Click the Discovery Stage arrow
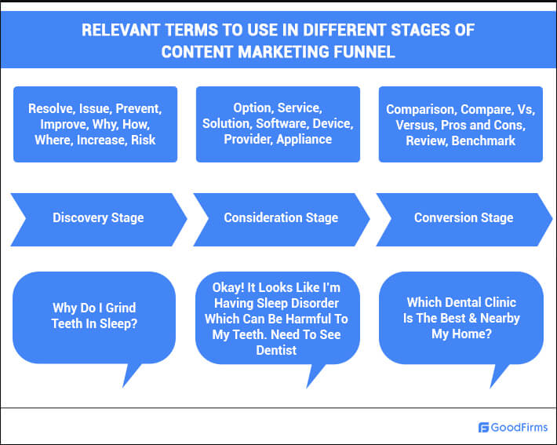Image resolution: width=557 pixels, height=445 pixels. click(x=98, y=219)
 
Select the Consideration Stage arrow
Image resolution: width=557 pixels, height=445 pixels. click(x=282, y=219)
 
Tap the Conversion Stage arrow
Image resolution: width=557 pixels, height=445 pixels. click(x=464, y=219)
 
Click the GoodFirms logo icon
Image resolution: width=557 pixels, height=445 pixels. click(x=483, y=427)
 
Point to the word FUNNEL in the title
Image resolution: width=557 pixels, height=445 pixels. click(x=364, y=52)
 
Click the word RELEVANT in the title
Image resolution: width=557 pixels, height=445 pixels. click(x=121, y=30)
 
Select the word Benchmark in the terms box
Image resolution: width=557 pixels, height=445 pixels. click(x=483, y=140)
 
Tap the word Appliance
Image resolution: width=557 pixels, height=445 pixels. click(x=304, y=140)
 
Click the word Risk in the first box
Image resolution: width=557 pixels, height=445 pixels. click(x=143, y=140)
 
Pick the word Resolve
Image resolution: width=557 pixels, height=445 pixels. click(x=52, y=109)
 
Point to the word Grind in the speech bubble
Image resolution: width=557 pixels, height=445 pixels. click(x=121, y=308)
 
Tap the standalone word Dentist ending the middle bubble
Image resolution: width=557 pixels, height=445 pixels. click(x=276, y=351)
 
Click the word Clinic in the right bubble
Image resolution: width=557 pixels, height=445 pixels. click(x=501, y=302)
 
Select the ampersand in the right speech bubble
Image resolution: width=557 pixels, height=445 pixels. click(x=472, y=319)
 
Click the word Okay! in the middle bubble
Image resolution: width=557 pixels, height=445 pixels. click(x=228, y=287)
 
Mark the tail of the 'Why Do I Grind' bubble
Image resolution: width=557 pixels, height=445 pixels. click(x=131, y=374)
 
